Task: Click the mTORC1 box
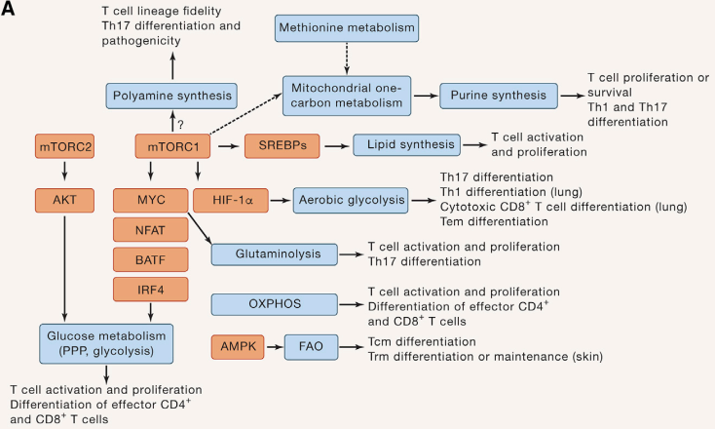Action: click(172, 147)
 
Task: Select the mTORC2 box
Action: click(63, 147)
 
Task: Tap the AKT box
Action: click(63, 199)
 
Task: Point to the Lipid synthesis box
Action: click(406, 147)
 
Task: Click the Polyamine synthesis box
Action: click(172, 96)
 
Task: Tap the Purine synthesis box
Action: click(498, 96)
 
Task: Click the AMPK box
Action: click(238, 346)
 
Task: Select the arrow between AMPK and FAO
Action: click(275, 346)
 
